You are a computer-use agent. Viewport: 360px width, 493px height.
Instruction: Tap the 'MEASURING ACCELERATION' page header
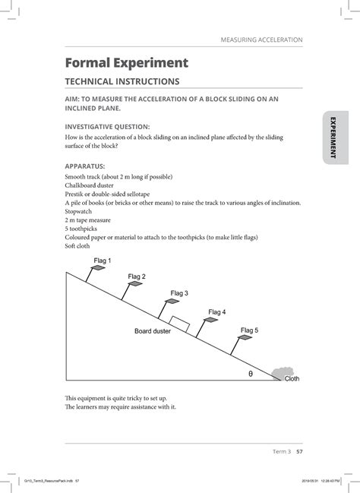pos(262,39)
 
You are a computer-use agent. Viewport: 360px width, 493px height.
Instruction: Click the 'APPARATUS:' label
pos(85,164)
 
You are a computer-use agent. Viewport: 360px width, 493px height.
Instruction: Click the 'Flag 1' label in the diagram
pos(102,261)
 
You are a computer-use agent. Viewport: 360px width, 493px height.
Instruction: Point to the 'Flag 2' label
pos(137,277)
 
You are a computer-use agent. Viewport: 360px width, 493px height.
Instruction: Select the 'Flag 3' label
pos(179,292)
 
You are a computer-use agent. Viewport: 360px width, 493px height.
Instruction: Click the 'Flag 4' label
pos(216,311)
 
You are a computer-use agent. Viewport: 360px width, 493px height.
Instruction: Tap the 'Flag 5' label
pos(249,330)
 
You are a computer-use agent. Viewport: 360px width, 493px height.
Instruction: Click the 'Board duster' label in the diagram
pos(153,331)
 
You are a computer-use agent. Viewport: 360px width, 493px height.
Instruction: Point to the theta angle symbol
pos(250,374)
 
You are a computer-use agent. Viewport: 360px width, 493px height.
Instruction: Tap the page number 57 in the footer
pos(300,451)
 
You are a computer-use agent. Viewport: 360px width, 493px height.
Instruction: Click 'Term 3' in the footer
pos(281,451)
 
